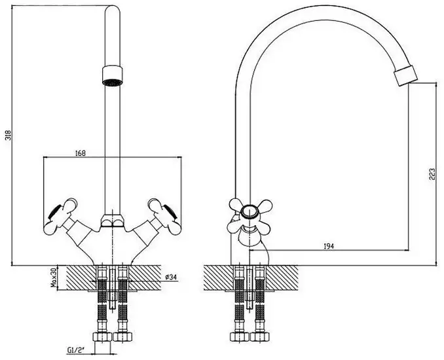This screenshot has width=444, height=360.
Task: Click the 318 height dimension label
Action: (9, 135)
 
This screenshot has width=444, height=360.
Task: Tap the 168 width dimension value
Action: (80, 153)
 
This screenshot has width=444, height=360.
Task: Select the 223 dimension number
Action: (432, 175)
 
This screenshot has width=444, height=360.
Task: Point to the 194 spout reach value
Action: (329, 246)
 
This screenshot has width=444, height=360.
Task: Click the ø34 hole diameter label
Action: (170, 277)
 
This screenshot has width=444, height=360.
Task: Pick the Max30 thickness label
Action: (54, 278)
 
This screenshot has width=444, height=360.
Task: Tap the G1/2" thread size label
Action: (77, 350)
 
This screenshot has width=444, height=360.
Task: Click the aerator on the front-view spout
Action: (113, 75)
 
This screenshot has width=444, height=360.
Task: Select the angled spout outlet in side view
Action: (406, 75)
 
